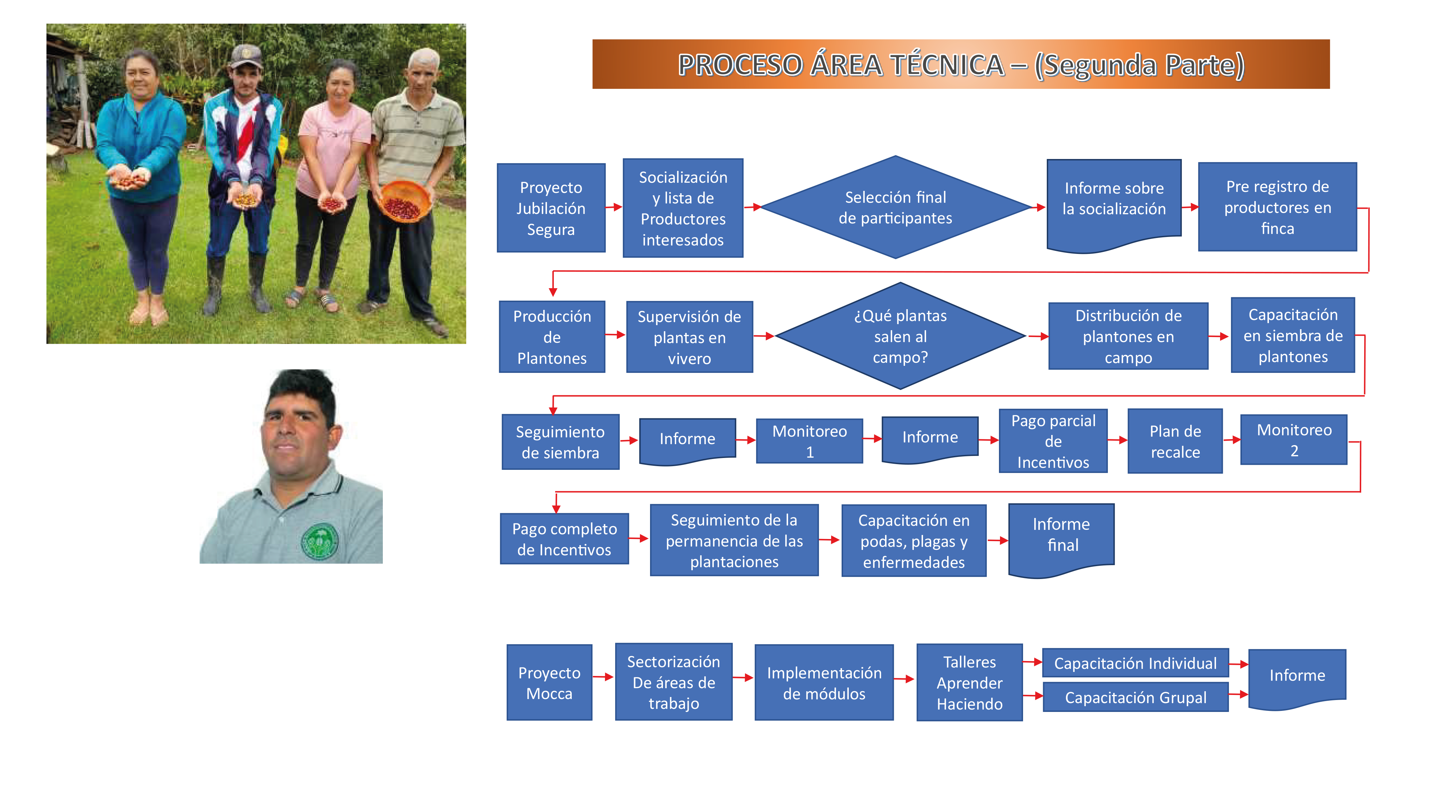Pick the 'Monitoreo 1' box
[809, 441]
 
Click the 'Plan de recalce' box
[1175, 441]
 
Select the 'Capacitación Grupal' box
[1135, 697]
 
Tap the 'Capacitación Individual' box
[1135, 663]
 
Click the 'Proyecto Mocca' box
[549, 683]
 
